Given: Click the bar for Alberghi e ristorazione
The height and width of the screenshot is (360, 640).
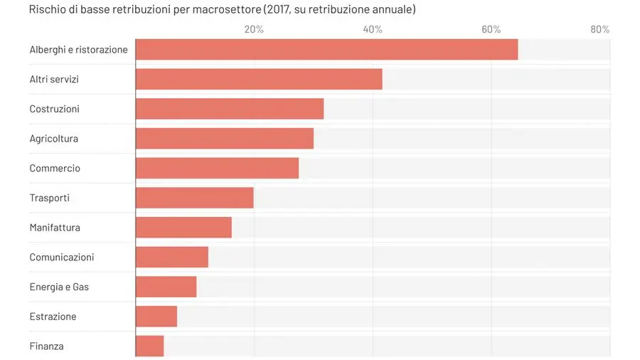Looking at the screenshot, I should coord(326,50).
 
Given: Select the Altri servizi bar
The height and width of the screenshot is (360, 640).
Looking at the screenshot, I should coord(259,79).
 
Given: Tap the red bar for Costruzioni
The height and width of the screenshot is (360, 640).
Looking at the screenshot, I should coord(230,109).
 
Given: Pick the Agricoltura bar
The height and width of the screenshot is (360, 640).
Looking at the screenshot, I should coord(225,139).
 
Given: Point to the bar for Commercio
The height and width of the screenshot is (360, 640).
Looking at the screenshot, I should coord(217,168).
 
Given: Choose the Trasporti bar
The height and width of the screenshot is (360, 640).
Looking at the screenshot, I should coord(194,198).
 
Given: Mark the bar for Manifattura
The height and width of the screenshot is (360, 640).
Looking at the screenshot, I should coord(183,228).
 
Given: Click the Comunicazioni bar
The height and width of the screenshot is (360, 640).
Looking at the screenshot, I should coord(171,257).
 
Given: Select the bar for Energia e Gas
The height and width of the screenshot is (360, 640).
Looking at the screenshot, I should coord(166,287).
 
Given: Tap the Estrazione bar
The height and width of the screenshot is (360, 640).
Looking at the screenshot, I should coord(156,317).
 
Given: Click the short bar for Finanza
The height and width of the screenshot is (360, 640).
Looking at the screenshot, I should coord(149,346).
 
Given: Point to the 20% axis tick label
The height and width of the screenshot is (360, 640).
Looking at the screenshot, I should coord(254,29).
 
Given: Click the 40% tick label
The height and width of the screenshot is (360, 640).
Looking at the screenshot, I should coord(373,29).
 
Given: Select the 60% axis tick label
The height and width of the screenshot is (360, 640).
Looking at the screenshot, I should coord(491,29).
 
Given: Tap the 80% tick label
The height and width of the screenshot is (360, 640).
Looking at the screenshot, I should coord(600,29).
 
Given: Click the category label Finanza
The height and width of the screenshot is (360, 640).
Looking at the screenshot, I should coord(46,346).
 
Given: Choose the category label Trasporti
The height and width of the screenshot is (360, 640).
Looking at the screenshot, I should coord(49,198).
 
